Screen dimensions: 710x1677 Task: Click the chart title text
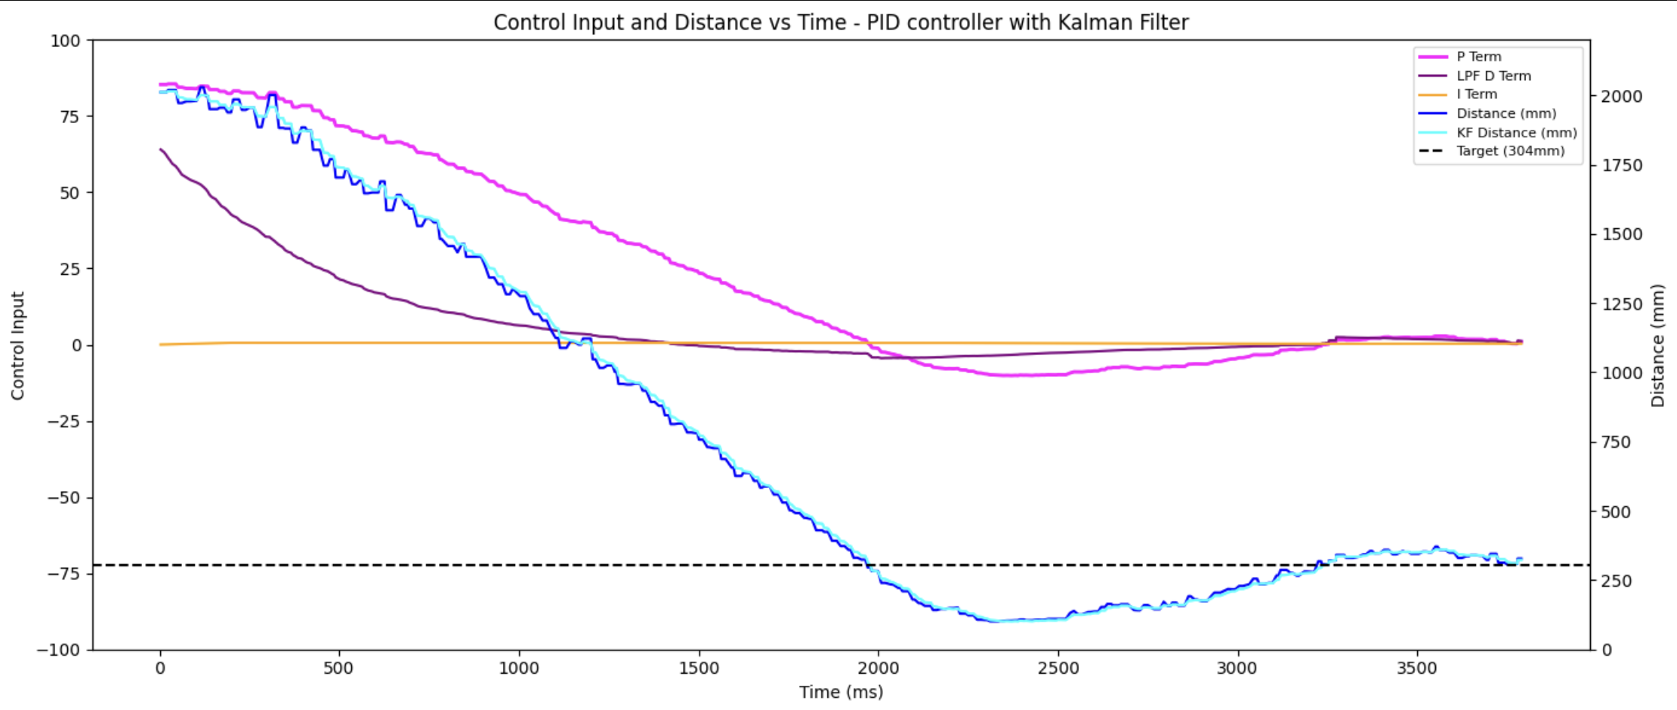841,23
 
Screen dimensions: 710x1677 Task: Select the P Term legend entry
1478,57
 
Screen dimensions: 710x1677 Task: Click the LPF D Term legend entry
1493,76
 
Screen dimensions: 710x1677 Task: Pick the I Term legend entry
1476,94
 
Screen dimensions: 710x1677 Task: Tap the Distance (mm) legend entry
1506,113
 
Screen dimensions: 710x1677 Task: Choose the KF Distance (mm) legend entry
1516,132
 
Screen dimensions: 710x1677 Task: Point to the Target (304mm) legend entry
1510,151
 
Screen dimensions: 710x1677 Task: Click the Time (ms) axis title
841,692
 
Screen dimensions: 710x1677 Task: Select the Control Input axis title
17,345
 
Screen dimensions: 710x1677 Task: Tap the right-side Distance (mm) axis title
1658,345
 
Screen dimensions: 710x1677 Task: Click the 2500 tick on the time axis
1058,668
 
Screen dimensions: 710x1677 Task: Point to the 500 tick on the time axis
338,668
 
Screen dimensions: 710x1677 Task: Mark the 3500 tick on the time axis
1416,668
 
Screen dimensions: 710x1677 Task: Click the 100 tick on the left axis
65,41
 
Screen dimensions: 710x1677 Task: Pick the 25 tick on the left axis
69,269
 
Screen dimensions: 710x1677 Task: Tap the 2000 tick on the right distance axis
1621,97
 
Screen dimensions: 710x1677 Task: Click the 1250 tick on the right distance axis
1621,304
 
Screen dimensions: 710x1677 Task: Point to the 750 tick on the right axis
1617,443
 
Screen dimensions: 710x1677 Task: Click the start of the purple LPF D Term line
161,150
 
